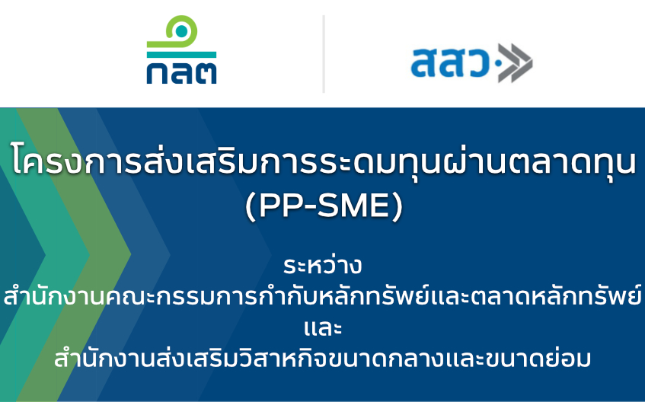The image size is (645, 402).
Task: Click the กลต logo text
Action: pyautogui.click(x=181, y=73)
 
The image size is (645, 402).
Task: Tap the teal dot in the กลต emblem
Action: pyautogui.click(x=181, y=31)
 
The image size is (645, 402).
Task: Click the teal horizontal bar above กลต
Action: pyautogui.click(x=181, y=55)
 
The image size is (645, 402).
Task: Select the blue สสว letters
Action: pyautogui.click(x=449, y=62)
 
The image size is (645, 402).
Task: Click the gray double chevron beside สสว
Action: pyautogui.click(x=515, y=63)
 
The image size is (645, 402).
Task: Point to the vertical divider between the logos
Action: pyautogui.click(x=324, y=54)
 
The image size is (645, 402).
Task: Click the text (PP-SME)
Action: pyautogui.click(x=324, y=206)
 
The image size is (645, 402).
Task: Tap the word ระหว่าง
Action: pyautogui.click(x=323, y=266)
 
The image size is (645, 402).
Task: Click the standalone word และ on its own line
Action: pyautogui.click(x=323, y=328)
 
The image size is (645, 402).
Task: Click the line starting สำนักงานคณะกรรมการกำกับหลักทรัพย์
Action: pyautogui.click(x=323, y=295)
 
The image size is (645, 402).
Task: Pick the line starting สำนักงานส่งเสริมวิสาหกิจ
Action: pyautogui.click(x=323, y=358)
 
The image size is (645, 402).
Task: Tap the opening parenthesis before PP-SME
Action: pyautogui.click(x=251, y=206)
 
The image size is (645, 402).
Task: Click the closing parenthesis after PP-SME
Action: pyautogui.click(x=398, y=206)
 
